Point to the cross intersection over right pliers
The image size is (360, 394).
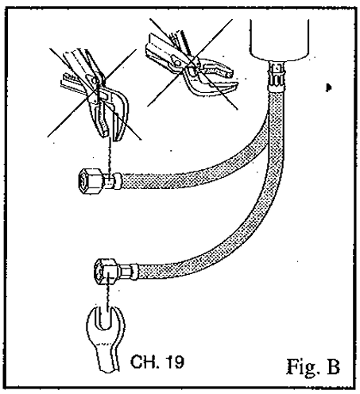point(192,60)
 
